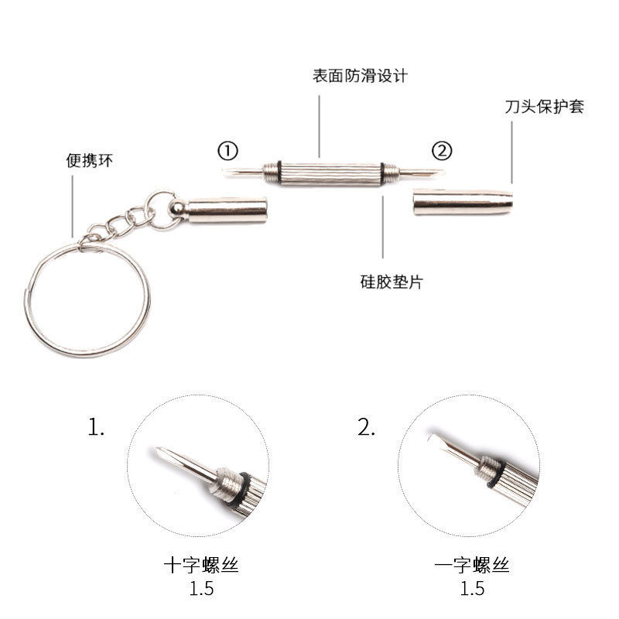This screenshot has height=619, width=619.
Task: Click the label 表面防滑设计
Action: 360,77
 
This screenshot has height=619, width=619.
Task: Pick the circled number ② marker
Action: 441,149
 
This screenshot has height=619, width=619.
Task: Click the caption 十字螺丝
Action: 201,566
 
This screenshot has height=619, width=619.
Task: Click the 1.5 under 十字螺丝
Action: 201,589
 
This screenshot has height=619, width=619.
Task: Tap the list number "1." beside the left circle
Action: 95,428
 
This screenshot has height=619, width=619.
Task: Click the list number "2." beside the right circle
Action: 366,428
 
